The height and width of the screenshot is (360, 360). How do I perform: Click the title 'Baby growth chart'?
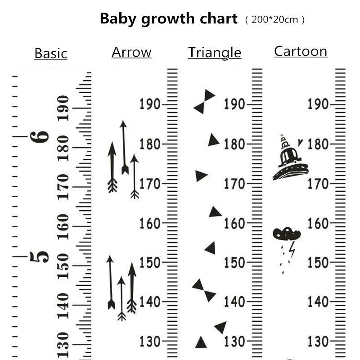click(168, 19)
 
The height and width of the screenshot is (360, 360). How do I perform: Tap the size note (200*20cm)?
click(275, 20)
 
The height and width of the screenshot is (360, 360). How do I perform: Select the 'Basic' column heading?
click(51, 53)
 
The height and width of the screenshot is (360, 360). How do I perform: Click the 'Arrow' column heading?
click(131, 52)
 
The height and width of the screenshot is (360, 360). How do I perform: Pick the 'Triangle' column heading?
click(215, 53)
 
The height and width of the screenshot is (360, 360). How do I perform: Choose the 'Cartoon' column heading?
click(301, 51)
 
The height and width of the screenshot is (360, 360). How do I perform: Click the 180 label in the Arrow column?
click(150, 144)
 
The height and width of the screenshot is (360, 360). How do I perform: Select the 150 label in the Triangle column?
click(234, 262)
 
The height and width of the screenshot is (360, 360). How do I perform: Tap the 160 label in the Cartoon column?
click(318, 223)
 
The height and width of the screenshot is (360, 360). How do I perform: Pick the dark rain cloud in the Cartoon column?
click(286, 234)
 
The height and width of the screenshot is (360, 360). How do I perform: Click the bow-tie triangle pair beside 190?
click(204, 102)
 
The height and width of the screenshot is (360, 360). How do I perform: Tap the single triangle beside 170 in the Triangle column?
click(201, 176)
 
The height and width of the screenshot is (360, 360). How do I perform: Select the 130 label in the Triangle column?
click(234, 341)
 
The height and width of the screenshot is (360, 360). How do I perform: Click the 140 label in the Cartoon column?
click(318, 302)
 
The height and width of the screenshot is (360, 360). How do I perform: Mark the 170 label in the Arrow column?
click(150, 184)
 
